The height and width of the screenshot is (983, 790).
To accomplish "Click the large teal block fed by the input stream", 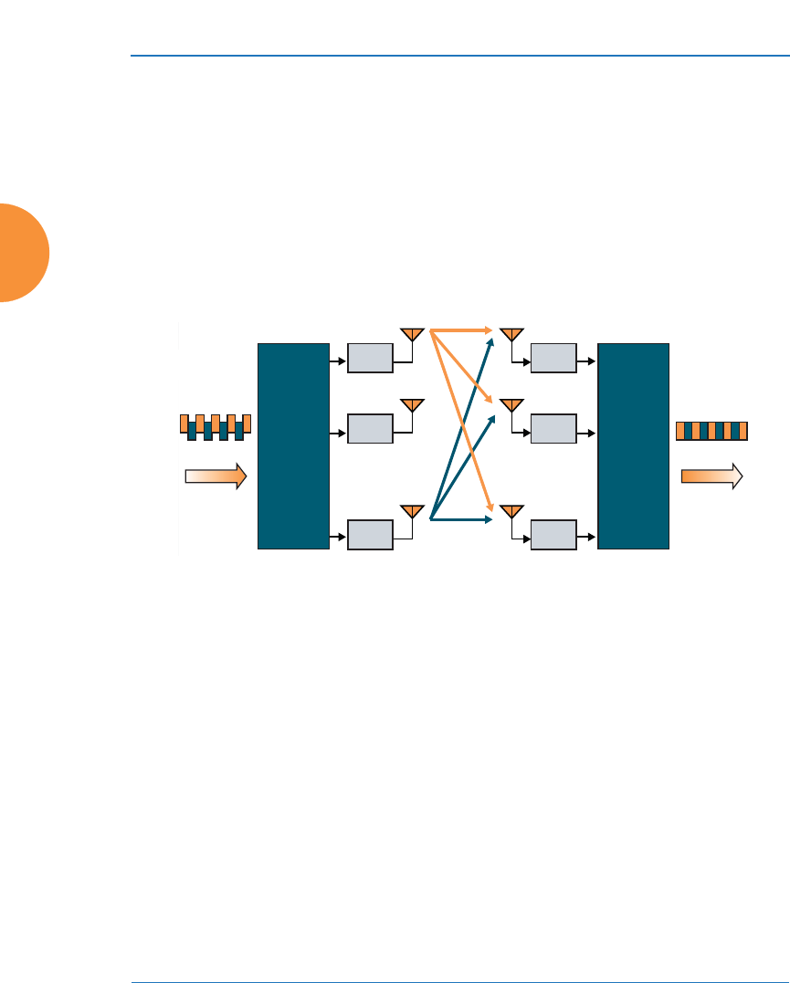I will tap(293, 446).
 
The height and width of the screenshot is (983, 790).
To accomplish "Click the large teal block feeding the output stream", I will tap(633, 446).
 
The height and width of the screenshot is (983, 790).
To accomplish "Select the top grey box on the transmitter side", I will tap(370, 359).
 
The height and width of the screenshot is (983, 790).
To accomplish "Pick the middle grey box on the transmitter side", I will tap(370, 427).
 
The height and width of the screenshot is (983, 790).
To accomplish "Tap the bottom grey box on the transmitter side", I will tap(370, 534).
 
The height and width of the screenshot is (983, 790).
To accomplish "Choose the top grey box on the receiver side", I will tap(553, 359).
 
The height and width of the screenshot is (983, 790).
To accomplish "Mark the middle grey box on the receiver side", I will tap(553, 427).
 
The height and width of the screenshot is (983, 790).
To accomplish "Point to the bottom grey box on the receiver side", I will tap(553, 534).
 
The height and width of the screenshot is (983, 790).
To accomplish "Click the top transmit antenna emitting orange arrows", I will tap(412, 334).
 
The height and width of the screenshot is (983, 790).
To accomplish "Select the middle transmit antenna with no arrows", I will tap(412, 403).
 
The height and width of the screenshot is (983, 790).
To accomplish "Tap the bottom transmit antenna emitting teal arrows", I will tap(412, 510).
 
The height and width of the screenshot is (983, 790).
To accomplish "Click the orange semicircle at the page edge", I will tap(23, 253).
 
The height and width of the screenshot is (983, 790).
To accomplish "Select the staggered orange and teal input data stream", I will tap(215, 426).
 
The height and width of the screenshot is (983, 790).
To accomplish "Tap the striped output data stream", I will tap(711, 431).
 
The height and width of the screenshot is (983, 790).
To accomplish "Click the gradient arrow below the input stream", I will tap(216, 476).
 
